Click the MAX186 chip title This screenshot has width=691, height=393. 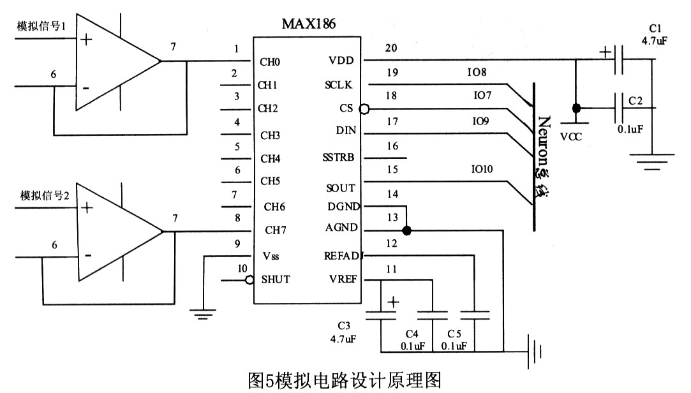click(x=308, y=24)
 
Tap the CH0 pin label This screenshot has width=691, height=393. click(x=270, y=62)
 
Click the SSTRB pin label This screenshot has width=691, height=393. click(x=338, y=158)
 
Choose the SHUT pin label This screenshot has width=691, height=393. click(x=276, y=279)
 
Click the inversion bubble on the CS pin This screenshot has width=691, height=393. click(x=364, y=109)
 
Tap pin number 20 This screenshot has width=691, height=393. click(x=390, y=48)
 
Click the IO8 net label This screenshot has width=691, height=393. click(x=477, y=72)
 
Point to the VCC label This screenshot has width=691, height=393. click(x=572, y=136)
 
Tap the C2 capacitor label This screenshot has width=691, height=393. click(x=635, y=101)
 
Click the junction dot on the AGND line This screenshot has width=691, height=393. click(x=406, y=229)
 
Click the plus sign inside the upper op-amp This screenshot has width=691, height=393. click(x=85, y=40)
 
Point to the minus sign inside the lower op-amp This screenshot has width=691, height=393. click(x=87, y=256)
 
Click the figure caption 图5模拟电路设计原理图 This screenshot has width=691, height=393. click(x=345, y=380)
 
